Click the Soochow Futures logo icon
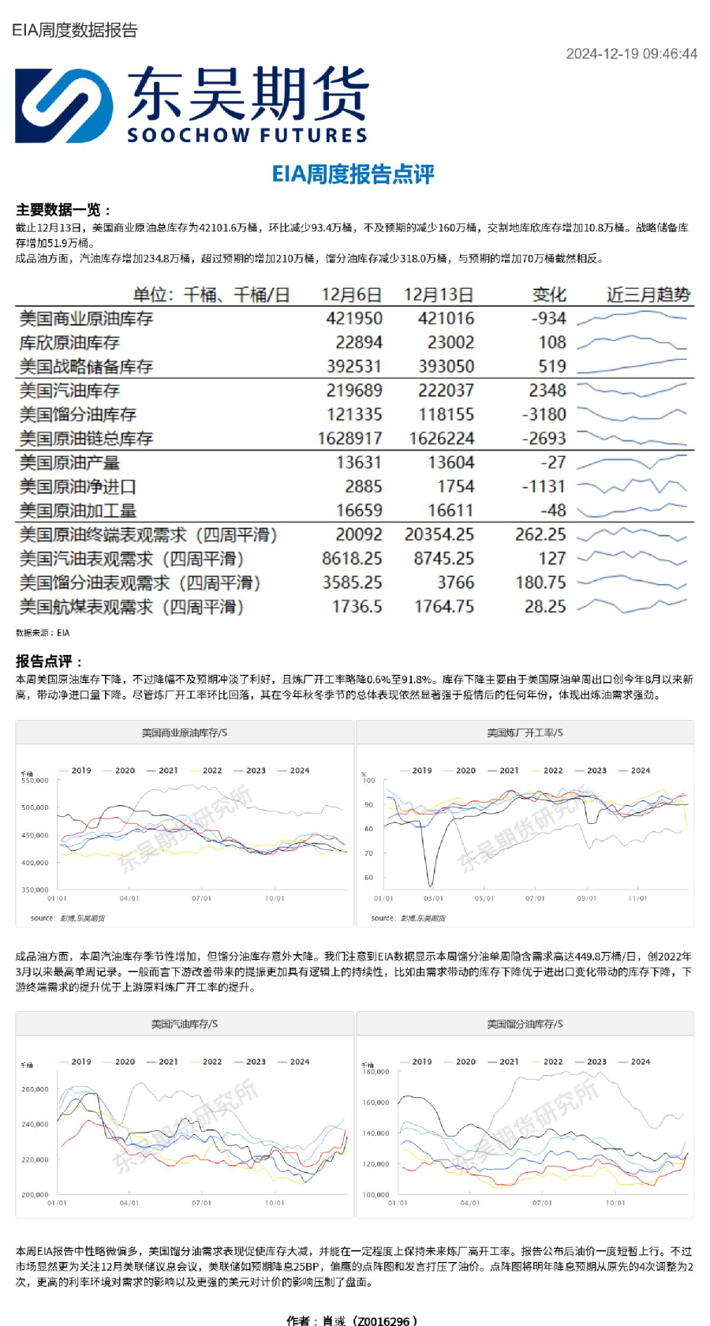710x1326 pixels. tap(64, 106)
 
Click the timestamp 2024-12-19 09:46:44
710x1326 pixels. tap(631, 54)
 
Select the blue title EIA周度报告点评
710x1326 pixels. tap(353, 174)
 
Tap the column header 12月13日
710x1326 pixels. tap(438, 295)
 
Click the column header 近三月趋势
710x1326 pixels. tap(648, 295)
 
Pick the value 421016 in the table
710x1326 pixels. tap(446, 319)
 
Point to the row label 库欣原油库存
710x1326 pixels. tap(69, 343)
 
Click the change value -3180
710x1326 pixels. tap(544, 414)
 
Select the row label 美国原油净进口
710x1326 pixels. tap(77, 487)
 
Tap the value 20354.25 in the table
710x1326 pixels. tap(439, 535)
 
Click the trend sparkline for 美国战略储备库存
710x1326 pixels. tap(631, 366)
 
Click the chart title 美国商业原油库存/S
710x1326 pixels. tap(185, 733)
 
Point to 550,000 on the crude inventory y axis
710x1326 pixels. tap(35, 780)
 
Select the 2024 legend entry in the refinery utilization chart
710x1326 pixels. tap(635, 770)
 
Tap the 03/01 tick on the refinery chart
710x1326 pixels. tap(433, 898)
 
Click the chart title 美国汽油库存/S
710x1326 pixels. tap(185, 1024)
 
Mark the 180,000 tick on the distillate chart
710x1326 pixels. tap(376, 1072)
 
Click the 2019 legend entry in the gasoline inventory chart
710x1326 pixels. tap(76, 1062)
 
